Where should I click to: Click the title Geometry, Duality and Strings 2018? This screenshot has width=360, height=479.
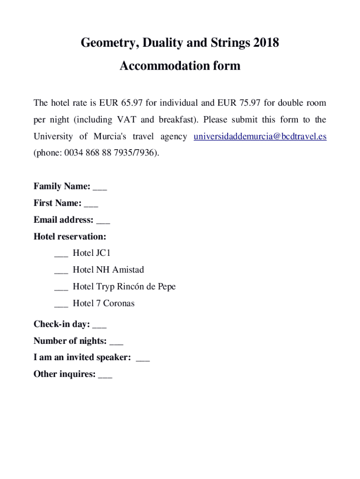(x=180, y=43)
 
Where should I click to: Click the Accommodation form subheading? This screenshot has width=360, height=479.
(x=180, y=66)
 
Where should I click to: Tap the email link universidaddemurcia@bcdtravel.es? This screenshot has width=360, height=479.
(x=260, y=137)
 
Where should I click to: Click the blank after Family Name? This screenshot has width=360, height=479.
(x=100, y=187)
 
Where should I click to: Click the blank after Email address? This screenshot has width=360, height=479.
(x=103, y=221)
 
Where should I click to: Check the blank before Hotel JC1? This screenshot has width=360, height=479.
(x=61, y=254)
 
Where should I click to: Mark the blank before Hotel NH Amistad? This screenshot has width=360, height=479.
(x=61, y=271)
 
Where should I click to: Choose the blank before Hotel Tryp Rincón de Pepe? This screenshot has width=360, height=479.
(x=61, y=288)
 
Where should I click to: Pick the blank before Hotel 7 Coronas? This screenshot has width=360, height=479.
(x=61, y=305)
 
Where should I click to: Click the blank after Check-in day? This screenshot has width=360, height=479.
(x=100, y=325)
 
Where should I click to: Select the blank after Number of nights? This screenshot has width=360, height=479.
(x=116, y=341)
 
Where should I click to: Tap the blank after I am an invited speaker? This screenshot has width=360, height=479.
(x=143, y=358)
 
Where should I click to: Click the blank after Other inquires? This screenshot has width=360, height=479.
(x=105, y=375)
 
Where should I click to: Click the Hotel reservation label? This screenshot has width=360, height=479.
(x=70, y=237)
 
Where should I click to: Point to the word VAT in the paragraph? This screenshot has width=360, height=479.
(x=127, y=120)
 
